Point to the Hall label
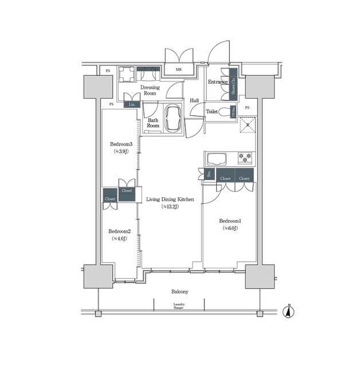coord(194,100)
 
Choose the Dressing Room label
coord(150,90)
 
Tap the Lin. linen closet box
coord(132,104)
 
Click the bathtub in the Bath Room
coord(173,119)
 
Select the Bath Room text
coord(152,123)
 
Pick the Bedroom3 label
coord(122,144)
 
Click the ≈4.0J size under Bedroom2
coord(119,239)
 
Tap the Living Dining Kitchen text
coord(170,200)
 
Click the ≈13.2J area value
coord(170,207)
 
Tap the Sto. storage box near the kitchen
coord(210,174)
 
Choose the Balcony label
coord(179,292)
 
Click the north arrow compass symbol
coord(291,312)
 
